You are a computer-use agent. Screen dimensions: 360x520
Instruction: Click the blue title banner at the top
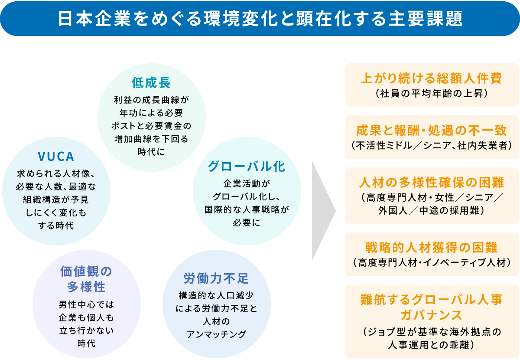[x=260, y=19]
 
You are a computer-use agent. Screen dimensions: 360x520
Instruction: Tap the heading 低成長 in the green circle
[x=151, y=82]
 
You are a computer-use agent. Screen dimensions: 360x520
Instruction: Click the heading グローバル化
[x=246, y=166]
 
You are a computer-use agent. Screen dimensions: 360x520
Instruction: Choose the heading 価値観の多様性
[x=86, y=279]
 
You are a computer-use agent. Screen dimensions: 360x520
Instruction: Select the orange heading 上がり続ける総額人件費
[x=432, y=78]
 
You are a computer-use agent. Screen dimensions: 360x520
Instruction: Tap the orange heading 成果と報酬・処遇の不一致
[x=432, y=130]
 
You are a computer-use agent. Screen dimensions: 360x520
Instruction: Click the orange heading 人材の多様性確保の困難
[x=432, y=182]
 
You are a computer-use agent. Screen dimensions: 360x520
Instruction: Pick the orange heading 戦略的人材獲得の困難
[x=432, y=248]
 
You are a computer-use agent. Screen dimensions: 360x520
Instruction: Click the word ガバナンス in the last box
[x=432, y=314]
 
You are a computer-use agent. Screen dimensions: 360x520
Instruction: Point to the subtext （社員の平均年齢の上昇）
[x=432, y=93]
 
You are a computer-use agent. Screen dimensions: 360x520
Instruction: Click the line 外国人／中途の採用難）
[x=432, y=210]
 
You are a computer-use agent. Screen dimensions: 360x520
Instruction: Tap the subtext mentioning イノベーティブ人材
[x=432, y=262]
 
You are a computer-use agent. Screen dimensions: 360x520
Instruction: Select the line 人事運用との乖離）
[x=432, y=345]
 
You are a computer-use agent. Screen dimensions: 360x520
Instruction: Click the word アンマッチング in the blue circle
[x=216, y=334]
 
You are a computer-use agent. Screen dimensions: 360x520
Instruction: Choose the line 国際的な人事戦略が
[x=246, y=209]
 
